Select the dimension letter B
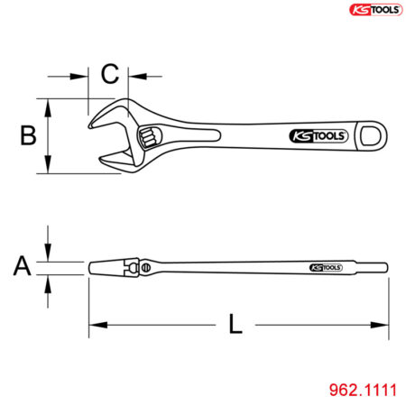coord(28,136)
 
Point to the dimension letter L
coord(235,324)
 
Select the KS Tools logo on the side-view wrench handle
coord(326,268)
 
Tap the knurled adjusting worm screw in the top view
coord(148,137)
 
